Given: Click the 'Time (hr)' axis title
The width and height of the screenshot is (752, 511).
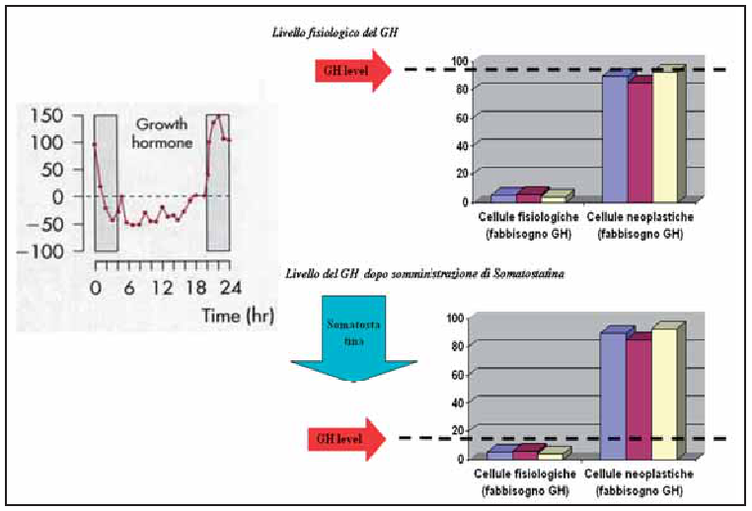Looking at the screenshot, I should click(234, 317).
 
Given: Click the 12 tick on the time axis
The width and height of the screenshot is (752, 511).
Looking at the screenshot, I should click(164, 288).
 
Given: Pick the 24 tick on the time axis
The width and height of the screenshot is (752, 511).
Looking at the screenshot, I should click(230, 288).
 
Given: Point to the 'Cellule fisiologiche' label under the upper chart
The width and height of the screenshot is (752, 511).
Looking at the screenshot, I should click(522, 216).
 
